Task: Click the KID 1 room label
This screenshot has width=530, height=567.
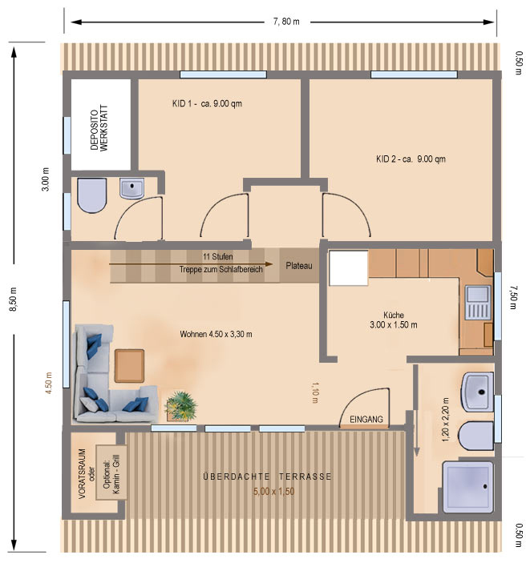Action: (207, 104)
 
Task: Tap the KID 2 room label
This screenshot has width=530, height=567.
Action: (411, 159)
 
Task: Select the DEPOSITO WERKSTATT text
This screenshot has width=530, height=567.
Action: (99, 130)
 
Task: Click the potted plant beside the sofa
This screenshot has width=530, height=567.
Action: (181, 406)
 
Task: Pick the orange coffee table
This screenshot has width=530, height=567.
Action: (129, 365)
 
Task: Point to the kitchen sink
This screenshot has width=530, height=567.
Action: (478, 303)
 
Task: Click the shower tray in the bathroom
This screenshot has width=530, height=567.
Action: (468, 487)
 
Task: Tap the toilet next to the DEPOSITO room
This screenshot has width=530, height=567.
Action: (92, 195)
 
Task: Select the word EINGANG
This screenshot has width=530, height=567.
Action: (366, 419)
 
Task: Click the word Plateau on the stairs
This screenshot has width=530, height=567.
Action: (298, 266)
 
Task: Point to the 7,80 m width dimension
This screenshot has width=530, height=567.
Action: (286, 22)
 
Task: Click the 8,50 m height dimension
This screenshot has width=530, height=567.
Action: (14, 299)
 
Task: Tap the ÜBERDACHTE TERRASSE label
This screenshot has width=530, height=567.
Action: (267, 477)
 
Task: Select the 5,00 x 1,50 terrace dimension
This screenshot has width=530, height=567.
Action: (273, 492)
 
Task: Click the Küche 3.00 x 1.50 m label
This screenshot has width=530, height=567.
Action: (394, 320)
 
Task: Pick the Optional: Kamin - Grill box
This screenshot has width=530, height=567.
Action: (111, 472)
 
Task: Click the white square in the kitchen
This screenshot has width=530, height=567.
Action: (348, 268)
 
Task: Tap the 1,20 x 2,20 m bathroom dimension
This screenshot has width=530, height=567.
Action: (445, 420)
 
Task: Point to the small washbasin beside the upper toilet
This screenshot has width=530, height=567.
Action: (131, 188)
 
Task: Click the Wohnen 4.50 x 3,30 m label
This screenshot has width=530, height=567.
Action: (216, 334)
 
